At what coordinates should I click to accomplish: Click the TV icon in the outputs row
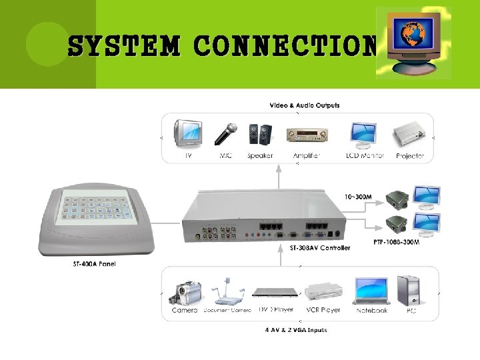coord(187,132)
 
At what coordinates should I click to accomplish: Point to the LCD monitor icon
coord(363,135)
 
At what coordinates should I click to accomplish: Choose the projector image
coord(410,135)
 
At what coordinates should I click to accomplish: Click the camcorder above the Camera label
coord(186,292)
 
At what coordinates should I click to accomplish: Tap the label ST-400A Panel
coord(94,263)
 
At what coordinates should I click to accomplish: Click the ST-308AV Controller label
coord(320,248)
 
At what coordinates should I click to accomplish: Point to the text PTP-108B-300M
coord(396,242)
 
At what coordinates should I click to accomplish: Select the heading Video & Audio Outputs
coord(304,105)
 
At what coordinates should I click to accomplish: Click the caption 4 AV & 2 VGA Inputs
coord(296,330)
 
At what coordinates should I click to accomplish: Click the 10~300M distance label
coord(359,197)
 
